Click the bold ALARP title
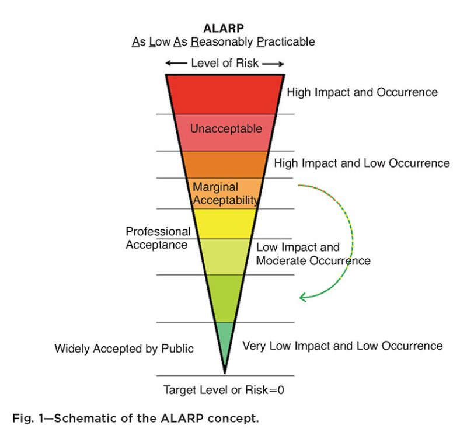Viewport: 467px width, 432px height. (x=225, y=28)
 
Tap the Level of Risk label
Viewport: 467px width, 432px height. (x=225, y=63)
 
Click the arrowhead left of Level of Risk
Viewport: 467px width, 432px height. (x=169, y=63)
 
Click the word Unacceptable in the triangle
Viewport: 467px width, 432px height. (x=225, y=128)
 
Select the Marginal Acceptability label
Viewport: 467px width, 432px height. (x=225, y=194)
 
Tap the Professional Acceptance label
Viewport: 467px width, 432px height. (x=158, y=238)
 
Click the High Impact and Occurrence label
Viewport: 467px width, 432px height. (x=362, y=92)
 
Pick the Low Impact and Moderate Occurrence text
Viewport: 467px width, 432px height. (x=313, y=254)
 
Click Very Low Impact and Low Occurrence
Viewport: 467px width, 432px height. (x=343, y=346)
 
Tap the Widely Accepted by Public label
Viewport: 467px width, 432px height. (x=124, y=349)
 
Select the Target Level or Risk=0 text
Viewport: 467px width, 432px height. (x=225, y=389)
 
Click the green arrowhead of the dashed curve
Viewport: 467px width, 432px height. (x=302, y=297)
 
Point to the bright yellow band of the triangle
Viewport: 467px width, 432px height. (x=225, y=223)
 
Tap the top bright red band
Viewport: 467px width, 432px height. (x=225, y=93)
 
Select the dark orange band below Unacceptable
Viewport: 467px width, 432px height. (x=225, y=164)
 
